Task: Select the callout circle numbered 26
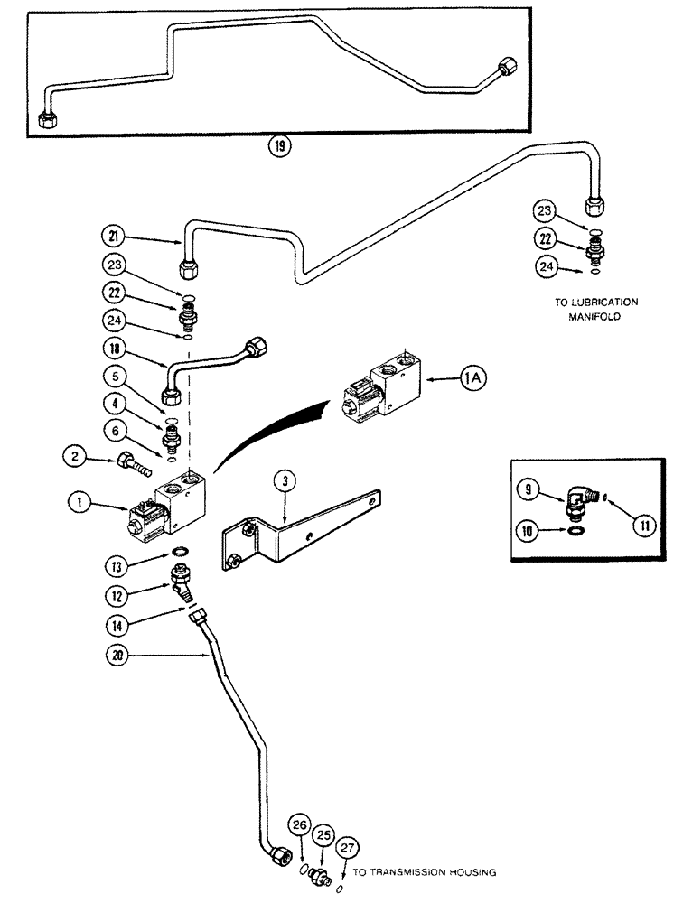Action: point(300,824)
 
